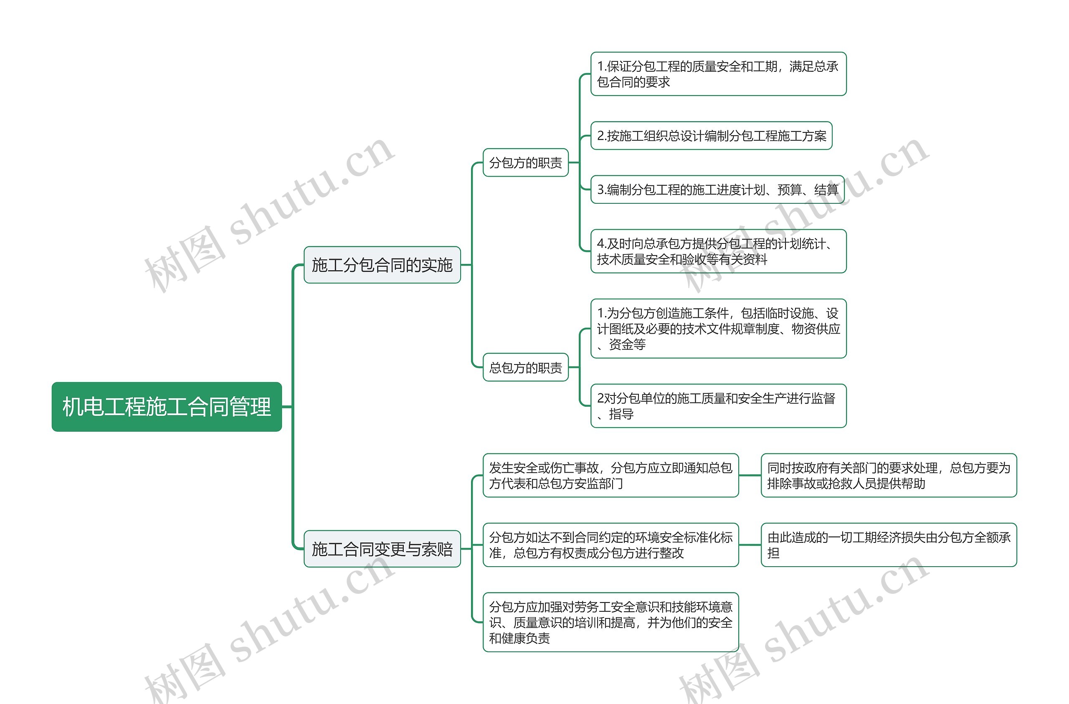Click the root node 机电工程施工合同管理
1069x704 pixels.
point(167,407)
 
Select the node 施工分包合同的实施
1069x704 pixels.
point(382,265)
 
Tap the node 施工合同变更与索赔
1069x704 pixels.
point(382,549)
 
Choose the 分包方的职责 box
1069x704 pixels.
point(525,162)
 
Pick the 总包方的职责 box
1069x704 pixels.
point(525,367)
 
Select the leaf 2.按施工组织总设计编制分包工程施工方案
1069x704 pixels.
point(711,136)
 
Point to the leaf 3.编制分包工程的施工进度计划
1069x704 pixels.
point(717,190)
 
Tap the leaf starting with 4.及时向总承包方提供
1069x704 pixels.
point(718,251)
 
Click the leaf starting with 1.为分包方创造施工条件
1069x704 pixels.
point(718,329)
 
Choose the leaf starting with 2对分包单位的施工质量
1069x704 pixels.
point(718,406)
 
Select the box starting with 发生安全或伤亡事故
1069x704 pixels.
point(610,475)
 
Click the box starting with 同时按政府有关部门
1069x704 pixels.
point(889,475)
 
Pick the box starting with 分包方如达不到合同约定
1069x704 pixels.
point(610,545)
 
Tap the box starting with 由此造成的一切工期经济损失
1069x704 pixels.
point(889,545)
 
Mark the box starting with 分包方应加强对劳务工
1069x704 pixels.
point(610,622)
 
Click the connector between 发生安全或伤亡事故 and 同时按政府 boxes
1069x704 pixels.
point(750,475)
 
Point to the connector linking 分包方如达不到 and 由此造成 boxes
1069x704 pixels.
point(750,545)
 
